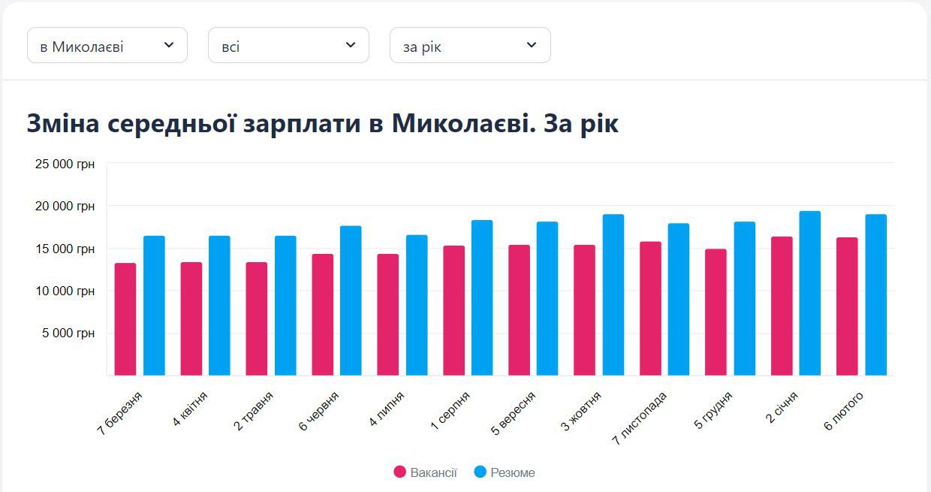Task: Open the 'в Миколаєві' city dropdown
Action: [107, 46]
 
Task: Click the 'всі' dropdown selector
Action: [288, 46]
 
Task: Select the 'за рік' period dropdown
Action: [470, 46]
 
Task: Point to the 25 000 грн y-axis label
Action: [65, 164]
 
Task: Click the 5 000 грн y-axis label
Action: [68, 334]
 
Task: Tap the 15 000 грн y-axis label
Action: [65, 249]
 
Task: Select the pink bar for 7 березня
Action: [125, 319]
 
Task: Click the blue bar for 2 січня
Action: [810, 293]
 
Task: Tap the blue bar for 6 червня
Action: [351, 300]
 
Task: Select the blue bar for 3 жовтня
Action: [613, 294]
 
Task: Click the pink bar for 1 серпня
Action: [453, 310]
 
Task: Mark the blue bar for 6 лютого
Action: [875, 294]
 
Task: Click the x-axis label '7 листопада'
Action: [640, 418]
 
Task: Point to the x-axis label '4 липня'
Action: [387, 409]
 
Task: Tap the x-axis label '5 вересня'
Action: [514, 413]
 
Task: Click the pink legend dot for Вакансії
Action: [400, 472]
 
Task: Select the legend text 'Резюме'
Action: [513, 472]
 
